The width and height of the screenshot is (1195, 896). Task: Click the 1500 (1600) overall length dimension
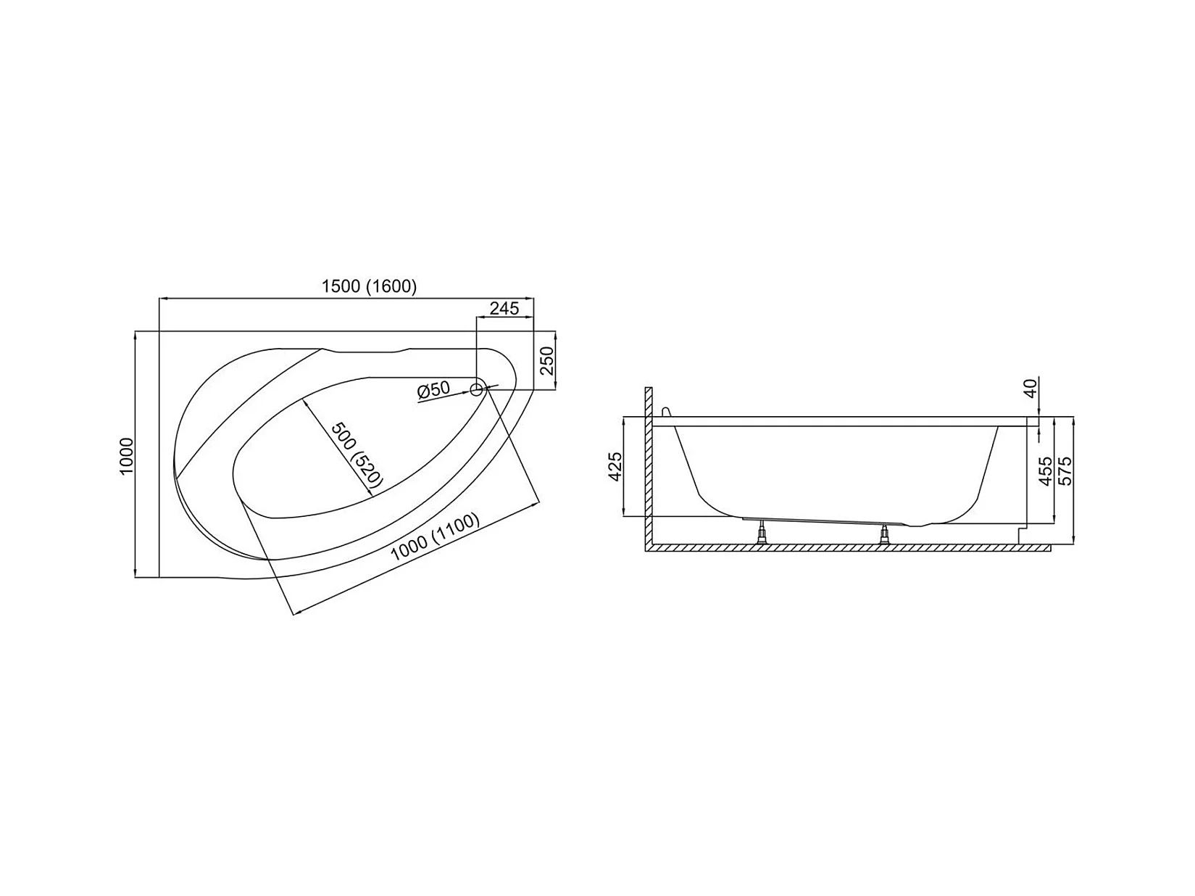pos(369,286)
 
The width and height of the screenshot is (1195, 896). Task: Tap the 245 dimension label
pos(504,309)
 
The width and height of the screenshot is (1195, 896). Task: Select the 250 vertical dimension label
pos(546,361)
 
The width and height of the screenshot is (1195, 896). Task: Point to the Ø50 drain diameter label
pos(433,390)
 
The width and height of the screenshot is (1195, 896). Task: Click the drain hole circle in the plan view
pos(476,389)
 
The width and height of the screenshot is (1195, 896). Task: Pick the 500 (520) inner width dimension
pos(357,455)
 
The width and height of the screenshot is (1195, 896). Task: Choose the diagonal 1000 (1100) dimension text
pos(435,536)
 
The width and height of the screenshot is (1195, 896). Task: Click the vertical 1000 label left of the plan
pos(126,456)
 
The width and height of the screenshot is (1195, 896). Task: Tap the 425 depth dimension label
pos(615,467)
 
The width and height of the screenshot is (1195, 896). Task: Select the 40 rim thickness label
pos(1030,388)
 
